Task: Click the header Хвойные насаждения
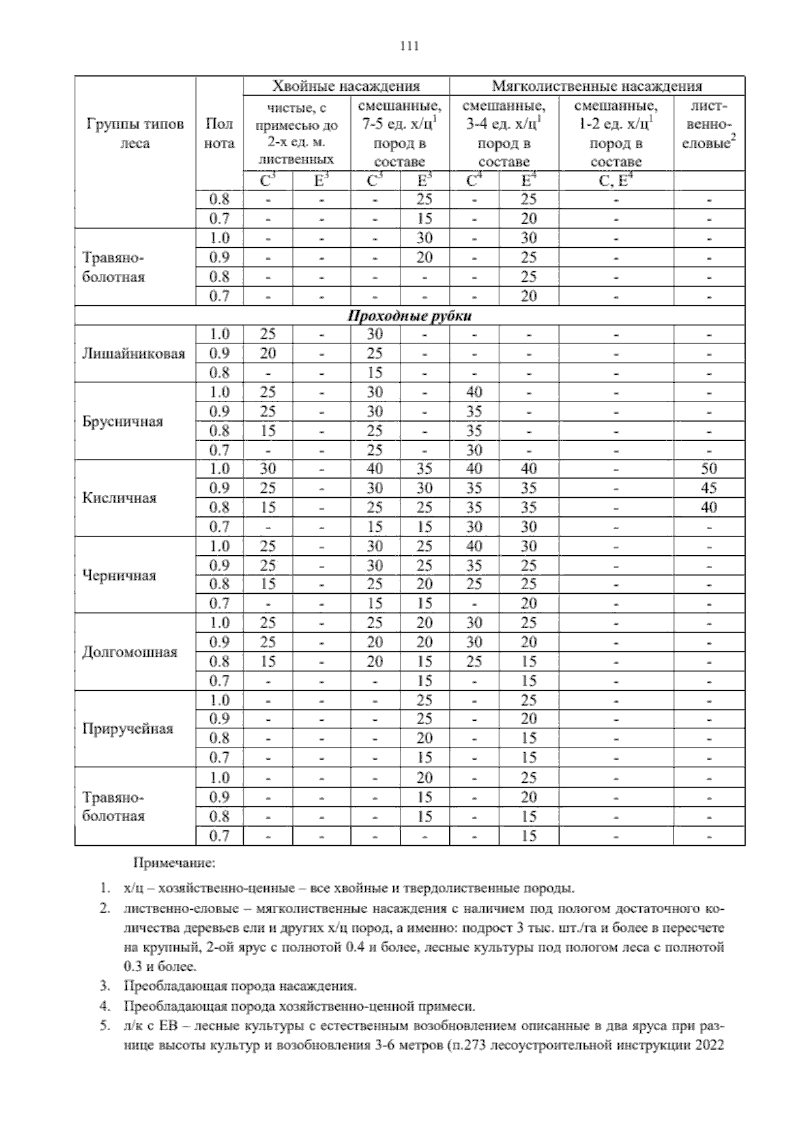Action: [x=346, y=86]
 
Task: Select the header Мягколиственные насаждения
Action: [x=597, y=86]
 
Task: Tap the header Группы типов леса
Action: [x=135, y=134]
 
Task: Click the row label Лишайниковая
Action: [x=133, y=353]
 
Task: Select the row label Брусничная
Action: [x=122, y=422]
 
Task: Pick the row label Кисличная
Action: [x=119, y=498]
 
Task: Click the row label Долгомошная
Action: [x=129, y=652]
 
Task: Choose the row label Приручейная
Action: [x=127, y=729]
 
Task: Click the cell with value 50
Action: [x=708, y=469]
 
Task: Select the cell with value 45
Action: [x=708, y=488]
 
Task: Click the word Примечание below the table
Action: [x=174, y=864]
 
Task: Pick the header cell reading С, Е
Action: [x=615, y=180]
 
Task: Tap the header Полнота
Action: [x=220, y=134]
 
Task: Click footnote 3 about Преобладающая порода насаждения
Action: [x=239, y=986]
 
